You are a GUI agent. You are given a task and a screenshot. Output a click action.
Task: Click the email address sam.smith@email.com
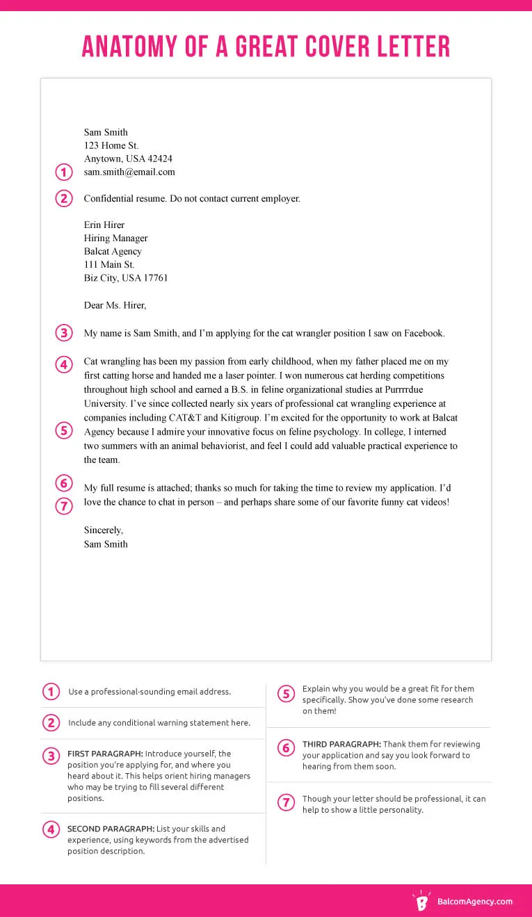click(129, 172)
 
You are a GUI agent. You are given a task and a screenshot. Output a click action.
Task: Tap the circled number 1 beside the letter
click(63, 172)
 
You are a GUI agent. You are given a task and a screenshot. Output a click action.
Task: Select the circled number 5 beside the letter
click(63, 431)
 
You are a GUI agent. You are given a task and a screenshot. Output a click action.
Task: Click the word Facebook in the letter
click(421, 334)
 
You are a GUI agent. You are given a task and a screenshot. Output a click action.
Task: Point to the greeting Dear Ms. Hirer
click(115, 305)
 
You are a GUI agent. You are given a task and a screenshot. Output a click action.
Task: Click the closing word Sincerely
click(103, 530)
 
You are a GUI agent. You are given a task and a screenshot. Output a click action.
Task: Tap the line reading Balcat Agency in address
click(113, 252)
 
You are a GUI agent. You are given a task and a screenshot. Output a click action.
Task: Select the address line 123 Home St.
click(111, 146)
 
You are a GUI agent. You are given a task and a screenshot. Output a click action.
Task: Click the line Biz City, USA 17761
click(126, 278)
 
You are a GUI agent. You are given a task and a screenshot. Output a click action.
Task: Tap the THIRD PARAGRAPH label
click(341, 744)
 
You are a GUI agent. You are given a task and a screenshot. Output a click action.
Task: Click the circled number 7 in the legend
click(285, 803)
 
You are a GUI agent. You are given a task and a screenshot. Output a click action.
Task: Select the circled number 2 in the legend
click(51, 723)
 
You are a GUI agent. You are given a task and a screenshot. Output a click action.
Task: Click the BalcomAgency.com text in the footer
click(474, 902)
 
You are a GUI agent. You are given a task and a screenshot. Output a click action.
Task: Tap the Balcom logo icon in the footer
click(421, 901)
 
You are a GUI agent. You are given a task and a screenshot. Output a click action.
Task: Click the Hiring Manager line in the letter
click(115, 238)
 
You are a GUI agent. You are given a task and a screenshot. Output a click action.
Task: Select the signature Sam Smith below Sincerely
click(106, 544)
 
